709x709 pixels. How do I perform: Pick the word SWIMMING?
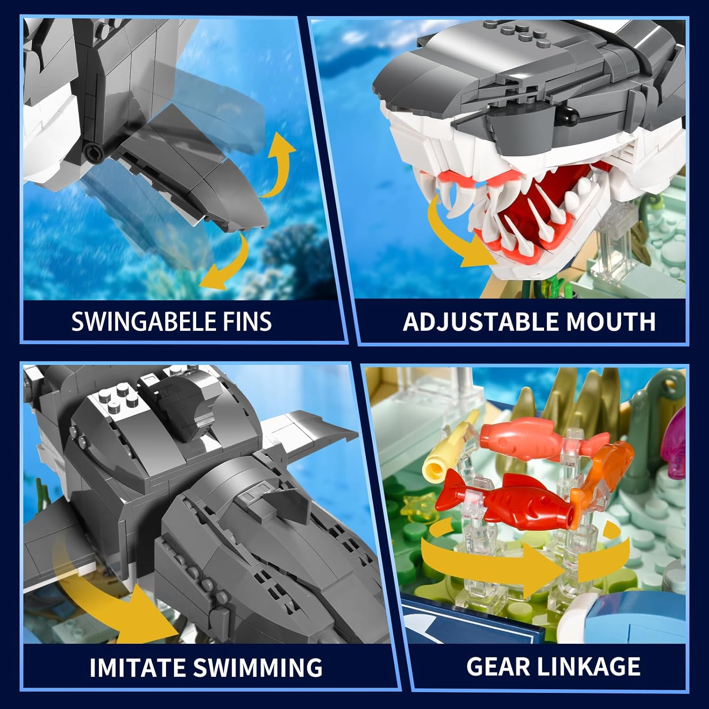tap(258, 667)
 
